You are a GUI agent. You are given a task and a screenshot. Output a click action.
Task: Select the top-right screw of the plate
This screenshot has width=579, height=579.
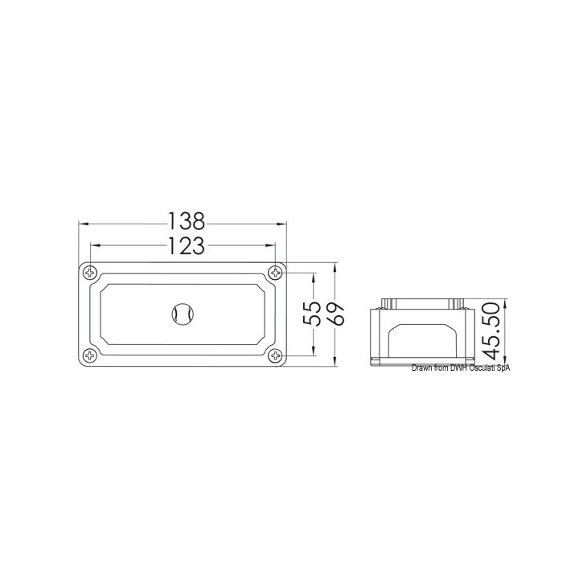pyautogui.click(x=275, y=273)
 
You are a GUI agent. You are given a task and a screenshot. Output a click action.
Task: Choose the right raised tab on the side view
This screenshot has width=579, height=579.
pyautogui.click(x=458, y=303)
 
